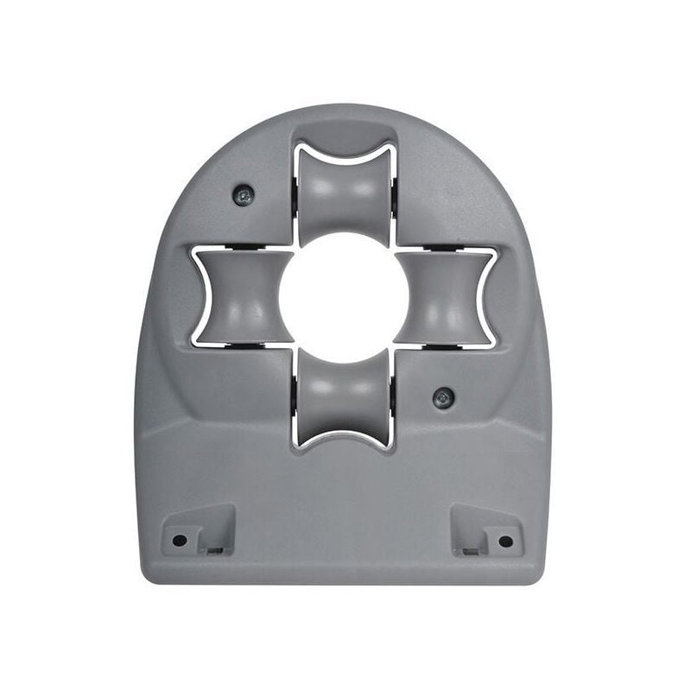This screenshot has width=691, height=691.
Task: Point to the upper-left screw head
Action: point(244,196)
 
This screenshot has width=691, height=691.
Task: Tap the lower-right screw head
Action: point(443,398)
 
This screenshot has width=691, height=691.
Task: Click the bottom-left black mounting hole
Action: point(180,540)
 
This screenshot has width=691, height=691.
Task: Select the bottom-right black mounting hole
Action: point(505,541)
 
